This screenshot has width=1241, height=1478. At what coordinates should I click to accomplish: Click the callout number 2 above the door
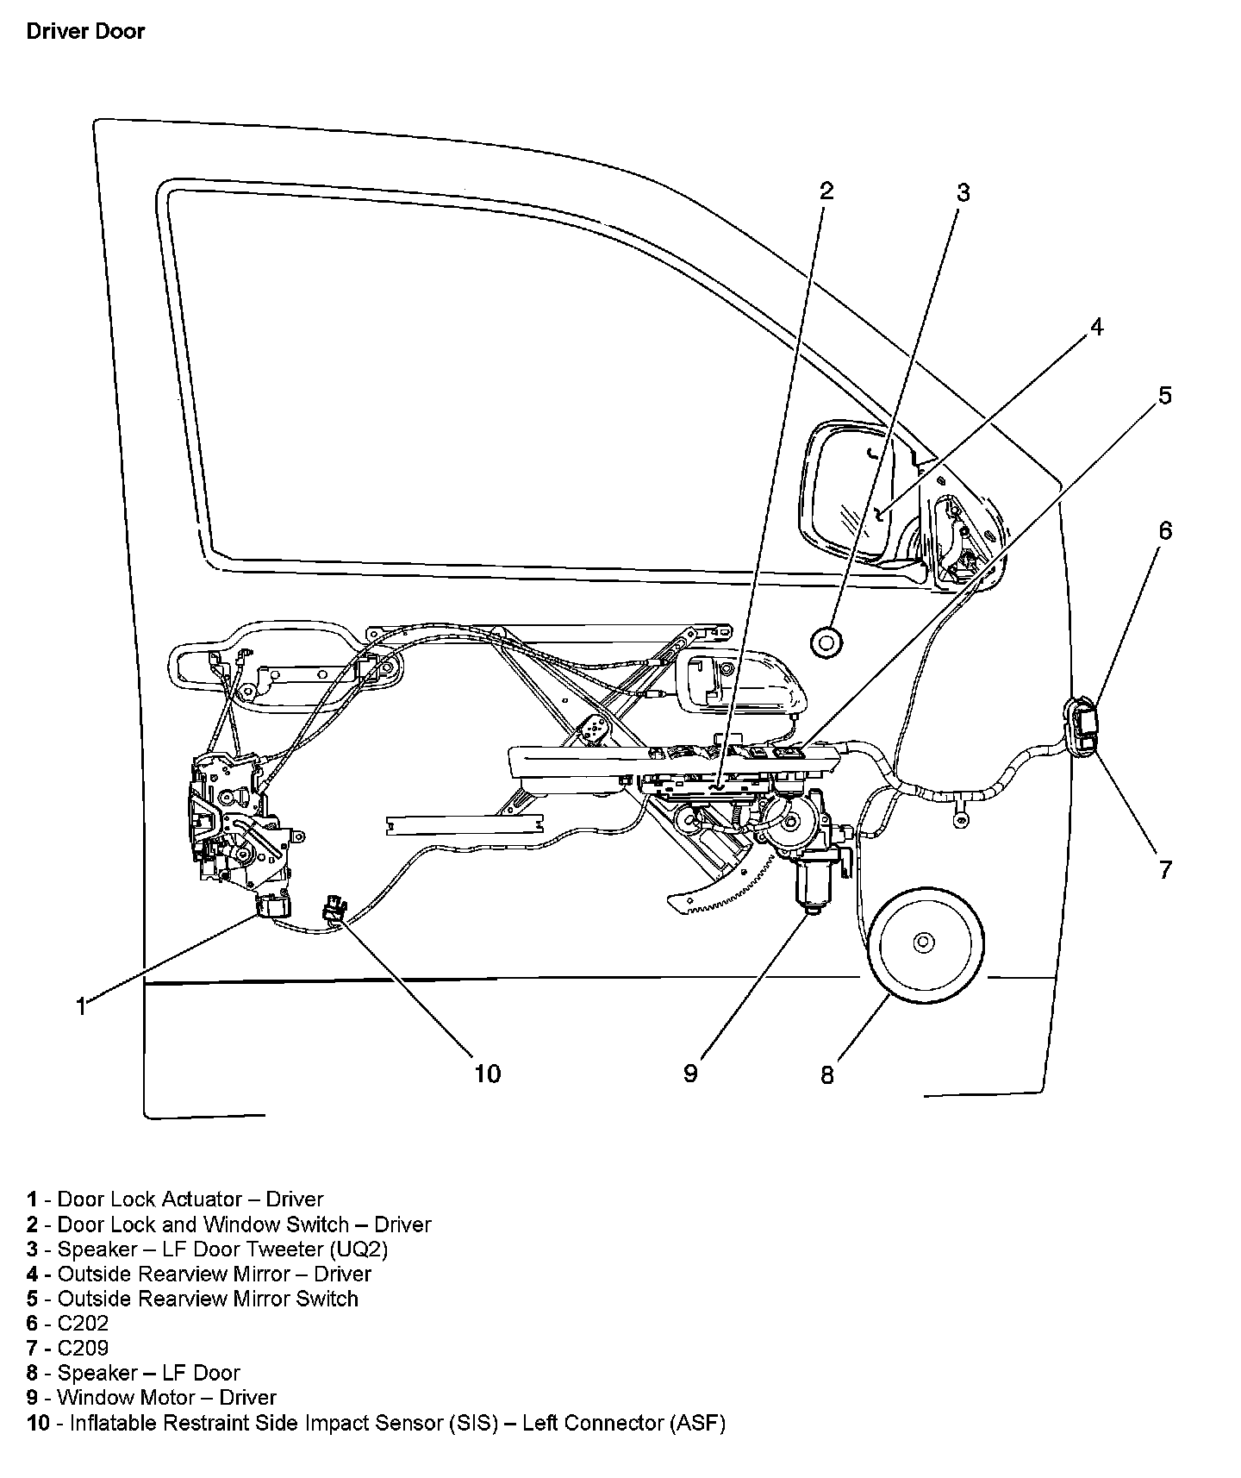[x=826, y=191]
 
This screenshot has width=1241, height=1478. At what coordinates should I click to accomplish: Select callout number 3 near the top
[x=963, y=193]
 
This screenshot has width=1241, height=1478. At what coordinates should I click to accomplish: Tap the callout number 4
[x=1096, y=328]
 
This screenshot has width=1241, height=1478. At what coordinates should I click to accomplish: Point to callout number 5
[x=1164, y=396]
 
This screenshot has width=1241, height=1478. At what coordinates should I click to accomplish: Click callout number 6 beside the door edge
[x=1164, y=530]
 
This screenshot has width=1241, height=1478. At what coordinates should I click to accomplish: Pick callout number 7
[x=1164, y=869]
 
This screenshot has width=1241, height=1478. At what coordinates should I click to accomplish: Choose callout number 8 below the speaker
[x=826, y=1075]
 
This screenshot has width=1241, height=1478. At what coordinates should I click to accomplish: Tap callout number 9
[x=690, y=1074]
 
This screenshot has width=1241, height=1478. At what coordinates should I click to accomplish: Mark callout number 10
[x=487, y=1074]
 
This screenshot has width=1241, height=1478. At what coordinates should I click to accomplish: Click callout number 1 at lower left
[x=80, y=1006]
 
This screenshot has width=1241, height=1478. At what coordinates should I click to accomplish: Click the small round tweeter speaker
[x=826, y=642]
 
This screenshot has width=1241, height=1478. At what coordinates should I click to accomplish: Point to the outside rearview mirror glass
[x=849, y=492]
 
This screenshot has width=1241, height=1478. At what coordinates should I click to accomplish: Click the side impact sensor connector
[x=334, y=911]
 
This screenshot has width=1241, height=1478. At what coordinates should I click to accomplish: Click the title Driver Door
[x=85, y=32]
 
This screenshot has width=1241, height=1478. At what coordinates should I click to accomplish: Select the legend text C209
[x=83, y=1348]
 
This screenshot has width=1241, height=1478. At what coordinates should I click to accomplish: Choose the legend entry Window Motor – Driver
[x=166, y=1397]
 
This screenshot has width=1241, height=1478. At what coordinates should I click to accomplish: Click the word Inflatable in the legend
[x=110, y=1423]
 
